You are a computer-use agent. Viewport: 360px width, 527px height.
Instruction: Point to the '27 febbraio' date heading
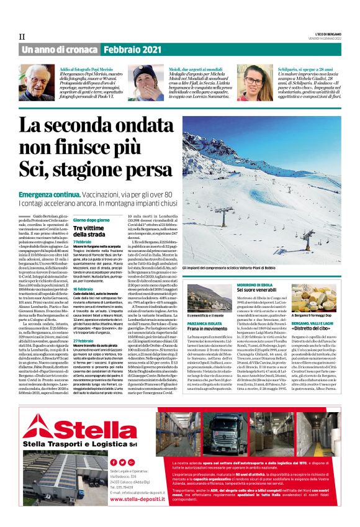(x=84, y=341)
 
